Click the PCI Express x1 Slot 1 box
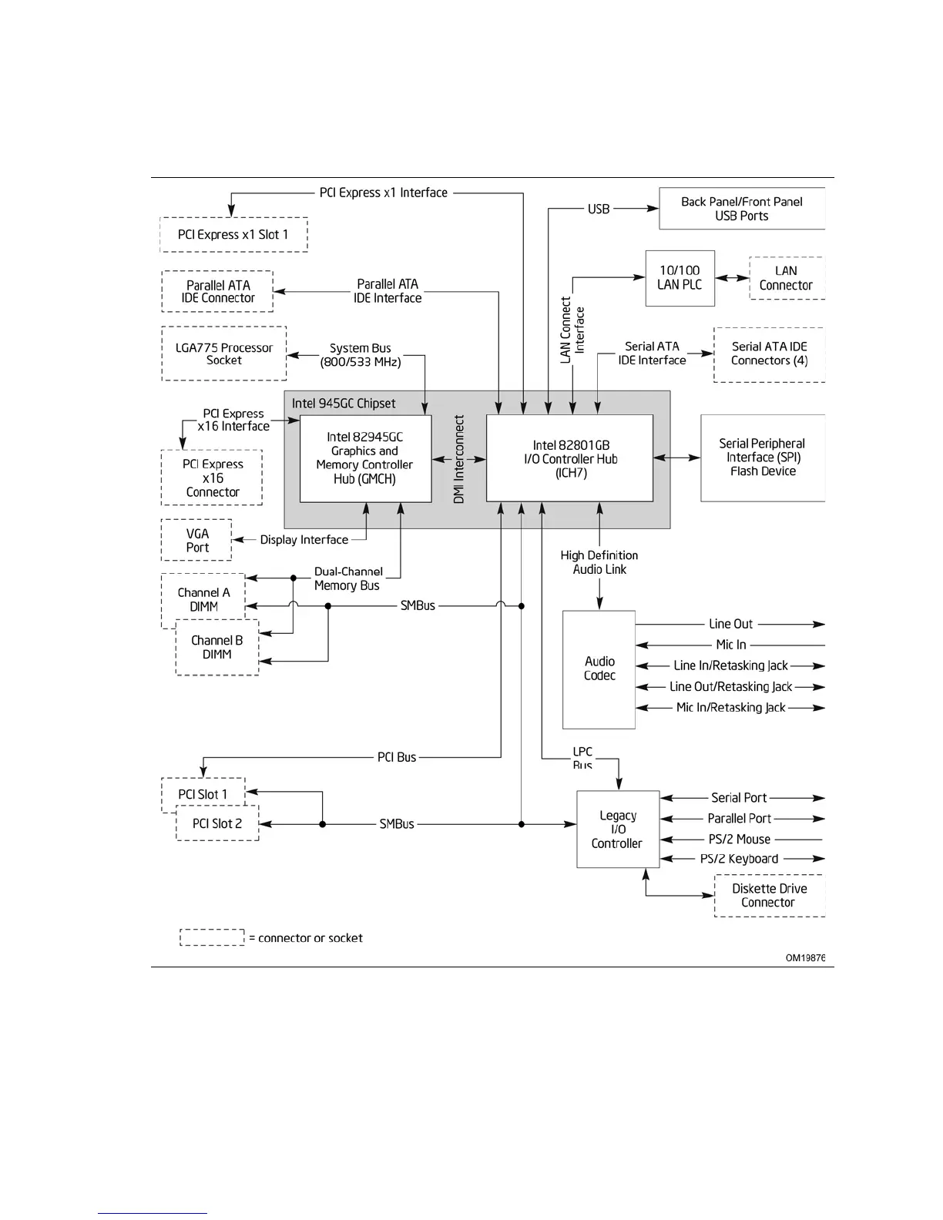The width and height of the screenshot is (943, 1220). [x=233, y=235]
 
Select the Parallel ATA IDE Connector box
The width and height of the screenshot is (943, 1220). [x=217, y=291]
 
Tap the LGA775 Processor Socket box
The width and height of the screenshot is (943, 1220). [x=224, y=354]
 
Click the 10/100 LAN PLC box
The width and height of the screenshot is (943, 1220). [x=680, y=278]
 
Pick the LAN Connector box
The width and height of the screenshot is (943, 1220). [x=786, y=278]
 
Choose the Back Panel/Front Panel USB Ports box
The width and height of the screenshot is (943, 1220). [x=741, y=209]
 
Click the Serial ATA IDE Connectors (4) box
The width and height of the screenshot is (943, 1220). [x=769, y=354]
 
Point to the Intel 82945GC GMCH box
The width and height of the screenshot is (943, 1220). [x=365, y=458]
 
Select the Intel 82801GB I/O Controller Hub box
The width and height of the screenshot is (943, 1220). [x=570, y=458]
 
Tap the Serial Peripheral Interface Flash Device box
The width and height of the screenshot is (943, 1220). [x=762, y=457]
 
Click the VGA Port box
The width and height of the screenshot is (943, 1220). [x=197, y=540]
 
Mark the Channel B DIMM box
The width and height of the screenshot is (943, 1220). [x=217, y=648]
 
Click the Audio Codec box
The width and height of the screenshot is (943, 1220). [x=599, y=669]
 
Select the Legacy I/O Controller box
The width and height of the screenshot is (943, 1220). [x=617, y=830]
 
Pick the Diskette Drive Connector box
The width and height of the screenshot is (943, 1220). [x=769, y=895]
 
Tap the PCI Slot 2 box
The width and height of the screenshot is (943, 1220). [x=217, y=823]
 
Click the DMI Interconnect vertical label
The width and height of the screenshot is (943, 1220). [x=459, y=460]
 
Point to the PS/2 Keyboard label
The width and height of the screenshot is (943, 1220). [x=739, y=859]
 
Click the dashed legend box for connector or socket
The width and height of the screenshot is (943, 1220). [x=212, y=937]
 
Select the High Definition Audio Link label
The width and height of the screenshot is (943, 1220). [x=599, y=562]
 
